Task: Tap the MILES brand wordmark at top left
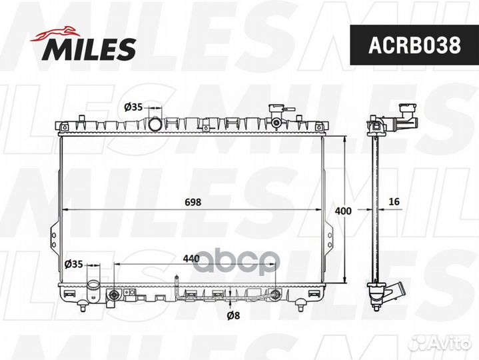point(91,49)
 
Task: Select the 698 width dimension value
point(193,202)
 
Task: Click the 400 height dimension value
point(343,211)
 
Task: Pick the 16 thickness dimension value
point(394,202)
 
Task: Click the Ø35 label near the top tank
point(134,107)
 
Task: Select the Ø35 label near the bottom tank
point(73,264)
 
